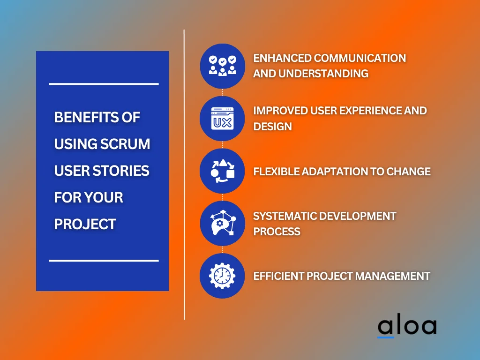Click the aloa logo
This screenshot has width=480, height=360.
click(x=407, y=327)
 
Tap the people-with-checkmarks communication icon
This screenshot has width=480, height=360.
click(x=222, y=66)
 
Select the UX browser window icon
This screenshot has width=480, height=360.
click(x=222, y=119)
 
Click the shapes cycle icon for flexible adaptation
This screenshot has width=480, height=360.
click(x=222, y=171)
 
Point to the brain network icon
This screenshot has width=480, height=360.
click(x=222, y=224)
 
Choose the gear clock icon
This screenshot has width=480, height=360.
click(x=222, y=276)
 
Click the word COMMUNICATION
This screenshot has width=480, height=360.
click(x=360, y=58)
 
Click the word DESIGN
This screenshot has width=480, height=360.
click(x=272, y=126)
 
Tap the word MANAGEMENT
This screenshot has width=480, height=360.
click(x=392, y=276)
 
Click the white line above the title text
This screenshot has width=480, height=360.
click(x=104, y=84)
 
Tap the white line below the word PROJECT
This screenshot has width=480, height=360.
click(x=104, y=260)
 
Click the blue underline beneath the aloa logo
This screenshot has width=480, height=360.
click(x=386, y=337)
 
